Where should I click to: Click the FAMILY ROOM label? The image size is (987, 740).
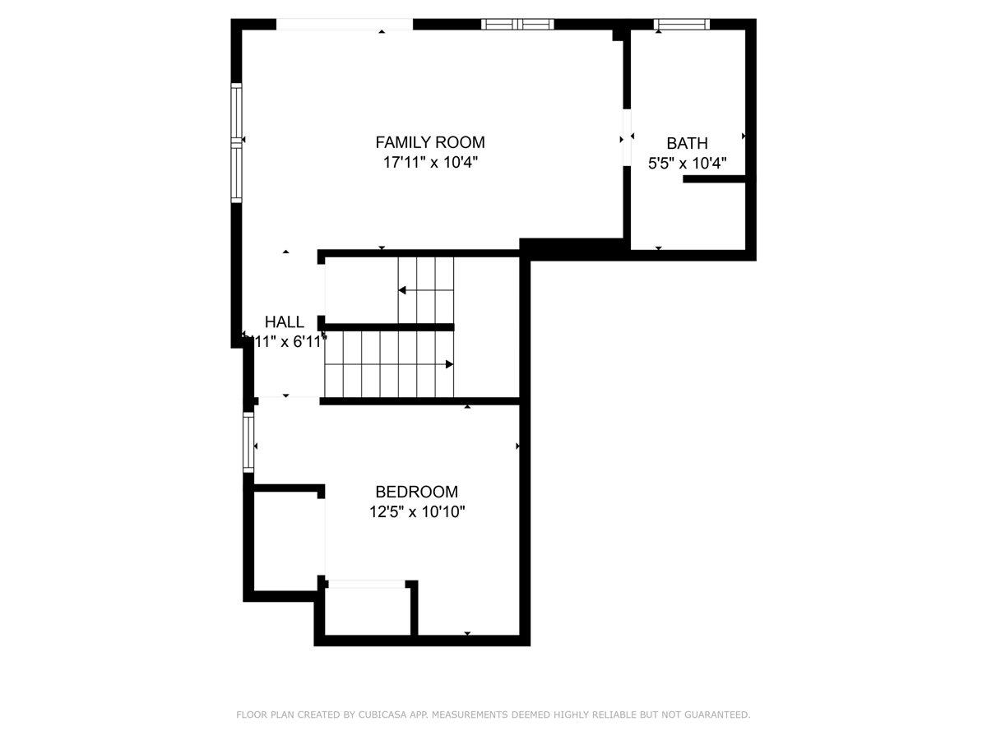430,141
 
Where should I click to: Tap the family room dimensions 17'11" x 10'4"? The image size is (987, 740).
430,162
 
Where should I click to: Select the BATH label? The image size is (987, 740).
687,143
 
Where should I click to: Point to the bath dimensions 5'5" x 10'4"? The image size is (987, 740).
687,163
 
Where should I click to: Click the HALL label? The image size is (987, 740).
284,321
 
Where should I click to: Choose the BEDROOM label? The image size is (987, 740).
416,492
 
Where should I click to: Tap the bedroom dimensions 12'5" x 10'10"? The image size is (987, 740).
417,512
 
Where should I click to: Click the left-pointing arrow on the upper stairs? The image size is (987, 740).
403,289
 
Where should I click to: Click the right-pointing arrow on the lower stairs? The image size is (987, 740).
449,363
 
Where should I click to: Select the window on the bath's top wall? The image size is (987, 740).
681,24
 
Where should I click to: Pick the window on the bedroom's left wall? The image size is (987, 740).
248,443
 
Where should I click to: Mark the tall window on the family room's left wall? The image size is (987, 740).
237,143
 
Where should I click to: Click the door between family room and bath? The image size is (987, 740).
627,137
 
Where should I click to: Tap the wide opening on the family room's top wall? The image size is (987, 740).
344,25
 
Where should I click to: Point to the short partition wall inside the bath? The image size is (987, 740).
713,178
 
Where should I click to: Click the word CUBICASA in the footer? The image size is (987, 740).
384,715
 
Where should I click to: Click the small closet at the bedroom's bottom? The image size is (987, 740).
368,611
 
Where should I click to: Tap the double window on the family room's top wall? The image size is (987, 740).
517,24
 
